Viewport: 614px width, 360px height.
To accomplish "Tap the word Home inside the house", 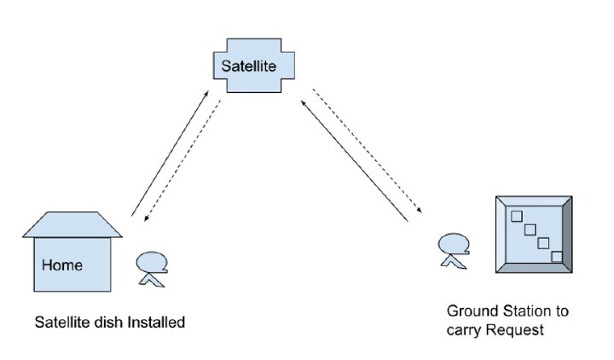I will (x=62, y=265).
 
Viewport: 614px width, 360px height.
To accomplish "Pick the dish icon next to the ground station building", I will (x=453, y=249).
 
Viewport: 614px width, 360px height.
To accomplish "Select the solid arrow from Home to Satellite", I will (x=169, y=151).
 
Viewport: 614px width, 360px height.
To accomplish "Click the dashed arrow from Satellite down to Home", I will (x=184, y=162).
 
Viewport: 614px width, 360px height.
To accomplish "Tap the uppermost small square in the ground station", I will (x=515, y=216).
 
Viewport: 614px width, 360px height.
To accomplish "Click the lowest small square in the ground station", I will (x=557, y=257).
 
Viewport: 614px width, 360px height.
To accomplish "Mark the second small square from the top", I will (x=529, y=229).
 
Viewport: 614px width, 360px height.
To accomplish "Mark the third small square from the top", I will (x=542, y=243).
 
